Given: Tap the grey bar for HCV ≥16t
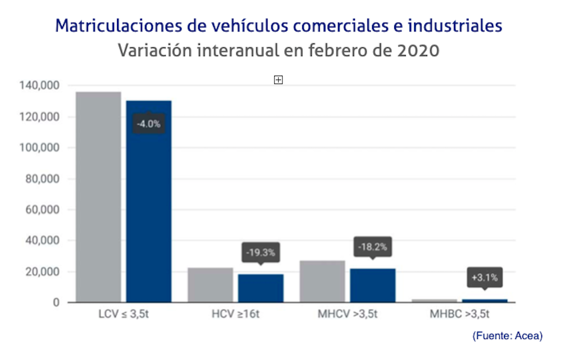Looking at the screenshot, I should coord(210,284).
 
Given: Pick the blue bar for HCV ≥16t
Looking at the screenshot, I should coord(261,288).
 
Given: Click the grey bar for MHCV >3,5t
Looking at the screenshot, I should coord(322,281).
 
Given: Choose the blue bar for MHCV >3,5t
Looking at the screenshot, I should coord(373,285).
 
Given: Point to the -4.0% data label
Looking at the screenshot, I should coord(149,123).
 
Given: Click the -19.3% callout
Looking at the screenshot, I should coord(261,252).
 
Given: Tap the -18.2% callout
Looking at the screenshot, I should coord(373,247).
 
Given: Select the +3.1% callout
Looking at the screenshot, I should coord(485,278).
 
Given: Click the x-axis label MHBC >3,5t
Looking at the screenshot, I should coord(461,314).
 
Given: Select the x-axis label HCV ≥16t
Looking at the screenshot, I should coord(235,314).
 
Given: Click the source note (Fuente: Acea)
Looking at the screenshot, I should coord(507,336).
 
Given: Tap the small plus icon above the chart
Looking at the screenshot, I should coord(278,80).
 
